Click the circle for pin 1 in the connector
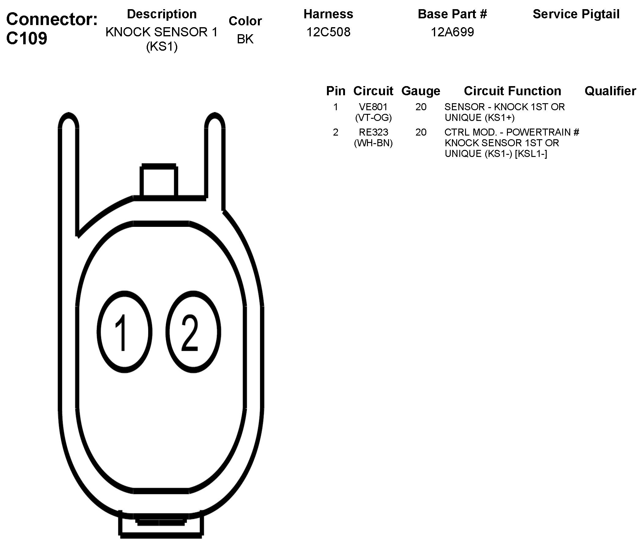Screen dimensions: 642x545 coord(124,332)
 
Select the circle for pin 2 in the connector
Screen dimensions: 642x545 coord(193,332)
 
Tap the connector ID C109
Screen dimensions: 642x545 coord(27,38)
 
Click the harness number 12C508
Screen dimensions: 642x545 coord(328,32)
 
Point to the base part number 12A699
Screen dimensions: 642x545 coord(452,32)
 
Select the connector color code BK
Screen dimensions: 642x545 coord(245,39)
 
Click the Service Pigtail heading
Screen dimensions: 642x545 coord(576,14)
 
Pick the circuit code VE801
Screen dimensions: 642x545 coord(373,107)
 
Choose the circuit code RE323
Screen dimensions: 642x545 coord(373,132)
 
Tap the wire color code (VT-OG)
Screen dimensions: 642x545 coord(373,118)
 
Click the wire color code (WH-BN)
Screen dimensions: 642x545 coord(373,143)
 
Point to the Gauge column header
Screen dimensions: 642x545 coord(420,91)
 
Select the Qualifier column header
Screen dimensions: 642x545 coord(610,91)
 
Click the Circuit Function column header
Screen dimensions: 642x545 coord(512,91)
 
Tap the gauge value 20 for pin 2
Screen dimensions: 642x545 coord(421,132)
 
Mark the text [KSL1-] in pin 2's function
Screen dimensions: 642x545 coord(531,154)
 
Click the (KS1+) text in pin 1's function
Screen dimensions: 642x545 coord(499,118)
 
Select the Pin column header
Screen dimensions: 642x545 coord(336,91)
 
